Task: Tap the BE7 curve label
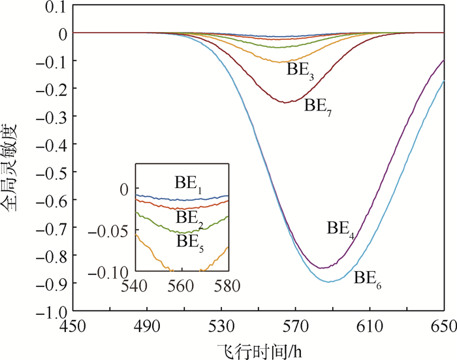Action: [320, 105]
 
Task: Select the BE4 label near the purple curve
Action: [341, 229]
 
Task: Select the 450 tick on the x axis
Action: [72, 326]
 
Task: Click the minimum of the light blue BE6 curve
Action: [330, 282]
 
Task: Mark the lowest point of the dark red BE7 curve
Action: [287, 102]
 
